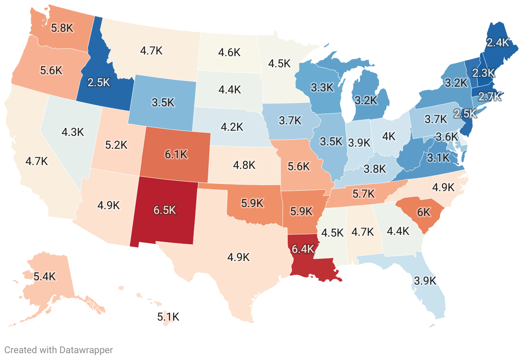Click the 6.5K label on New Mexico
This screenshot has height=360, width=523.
click(165, 210)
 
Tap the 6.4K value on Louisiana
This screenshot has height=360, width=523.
click(303, 249)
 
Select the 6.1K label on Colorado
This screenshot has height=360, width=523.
click(176, 155)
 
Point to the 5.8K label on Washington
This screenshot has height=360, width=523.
click(63, 28)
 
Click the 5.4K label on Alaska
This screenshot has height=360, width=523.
click(45, 276)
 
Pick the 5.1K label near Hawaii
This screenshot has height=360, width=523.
click(168, 317)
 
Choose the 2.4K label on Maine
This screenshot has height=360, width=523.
click(497, 42)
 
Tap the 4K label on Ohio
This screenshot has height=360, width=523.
click(389, 137)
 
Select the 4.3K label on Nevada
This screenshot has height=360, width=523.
click(72, 132)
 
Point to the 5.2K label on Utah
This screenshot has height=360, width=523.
click(116, 145)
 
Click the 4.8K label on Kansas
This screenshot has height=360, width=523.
click(244, 165)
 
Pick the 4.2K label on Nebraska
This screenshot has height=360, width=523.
click(232, 127)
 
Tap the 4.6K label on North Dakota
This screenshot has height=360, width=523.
click(229, 53)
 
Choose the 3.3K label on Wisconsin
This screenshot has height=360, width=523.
click(322, 88)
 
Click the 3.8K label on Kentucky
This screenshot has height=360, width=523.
click(375, 169)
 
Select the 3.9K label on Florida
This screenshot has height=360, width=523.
click(425, 281)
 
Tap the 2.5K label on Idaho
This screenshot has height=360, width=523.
click(99, 82)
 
